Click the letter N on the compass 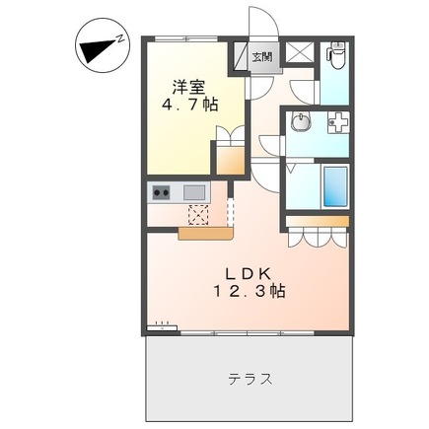119,40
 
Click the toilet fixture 334,57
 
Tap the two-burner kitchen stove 161,191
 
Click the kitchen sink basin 193,191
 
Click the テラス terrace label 250,378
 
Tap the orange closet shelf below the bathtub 318,218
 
